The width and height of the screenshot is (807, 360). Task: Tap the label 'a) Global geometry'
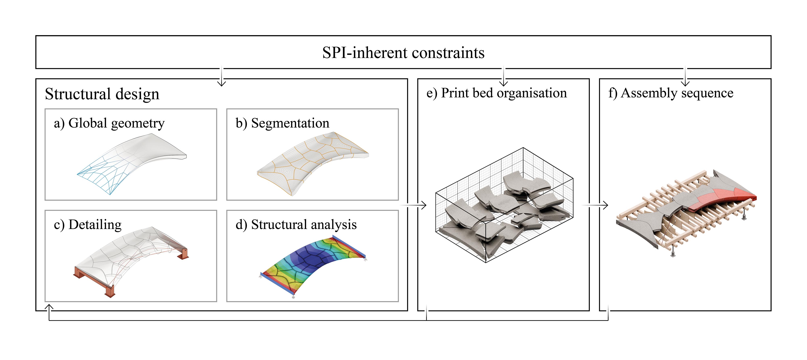[109, 123]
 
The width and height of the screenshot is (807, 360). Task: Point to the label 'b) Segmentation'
[282, 123]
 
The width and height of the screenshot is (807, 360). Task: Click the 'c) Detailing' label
[88, 225]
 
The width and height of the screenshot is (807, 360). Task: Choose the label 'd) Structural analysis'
[296, 225]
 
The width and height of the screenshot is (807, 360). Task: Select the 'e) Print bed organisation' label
[497, 93]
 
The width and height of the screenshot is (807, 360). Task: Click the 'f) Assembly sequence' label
[671, 93]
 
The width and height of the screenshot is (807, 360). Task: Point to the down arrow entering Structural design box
[222, 78]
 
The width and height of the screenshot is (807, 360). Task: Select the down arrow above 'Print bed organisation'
[503, 78]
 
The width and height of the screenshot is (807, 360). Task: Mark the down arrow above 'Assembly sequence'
[685, 78]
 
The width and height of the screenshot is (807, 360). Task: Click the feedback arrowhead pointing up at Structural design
[49, 308]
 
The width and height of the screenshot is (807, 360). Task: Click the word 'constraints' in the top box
[448, 53]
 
